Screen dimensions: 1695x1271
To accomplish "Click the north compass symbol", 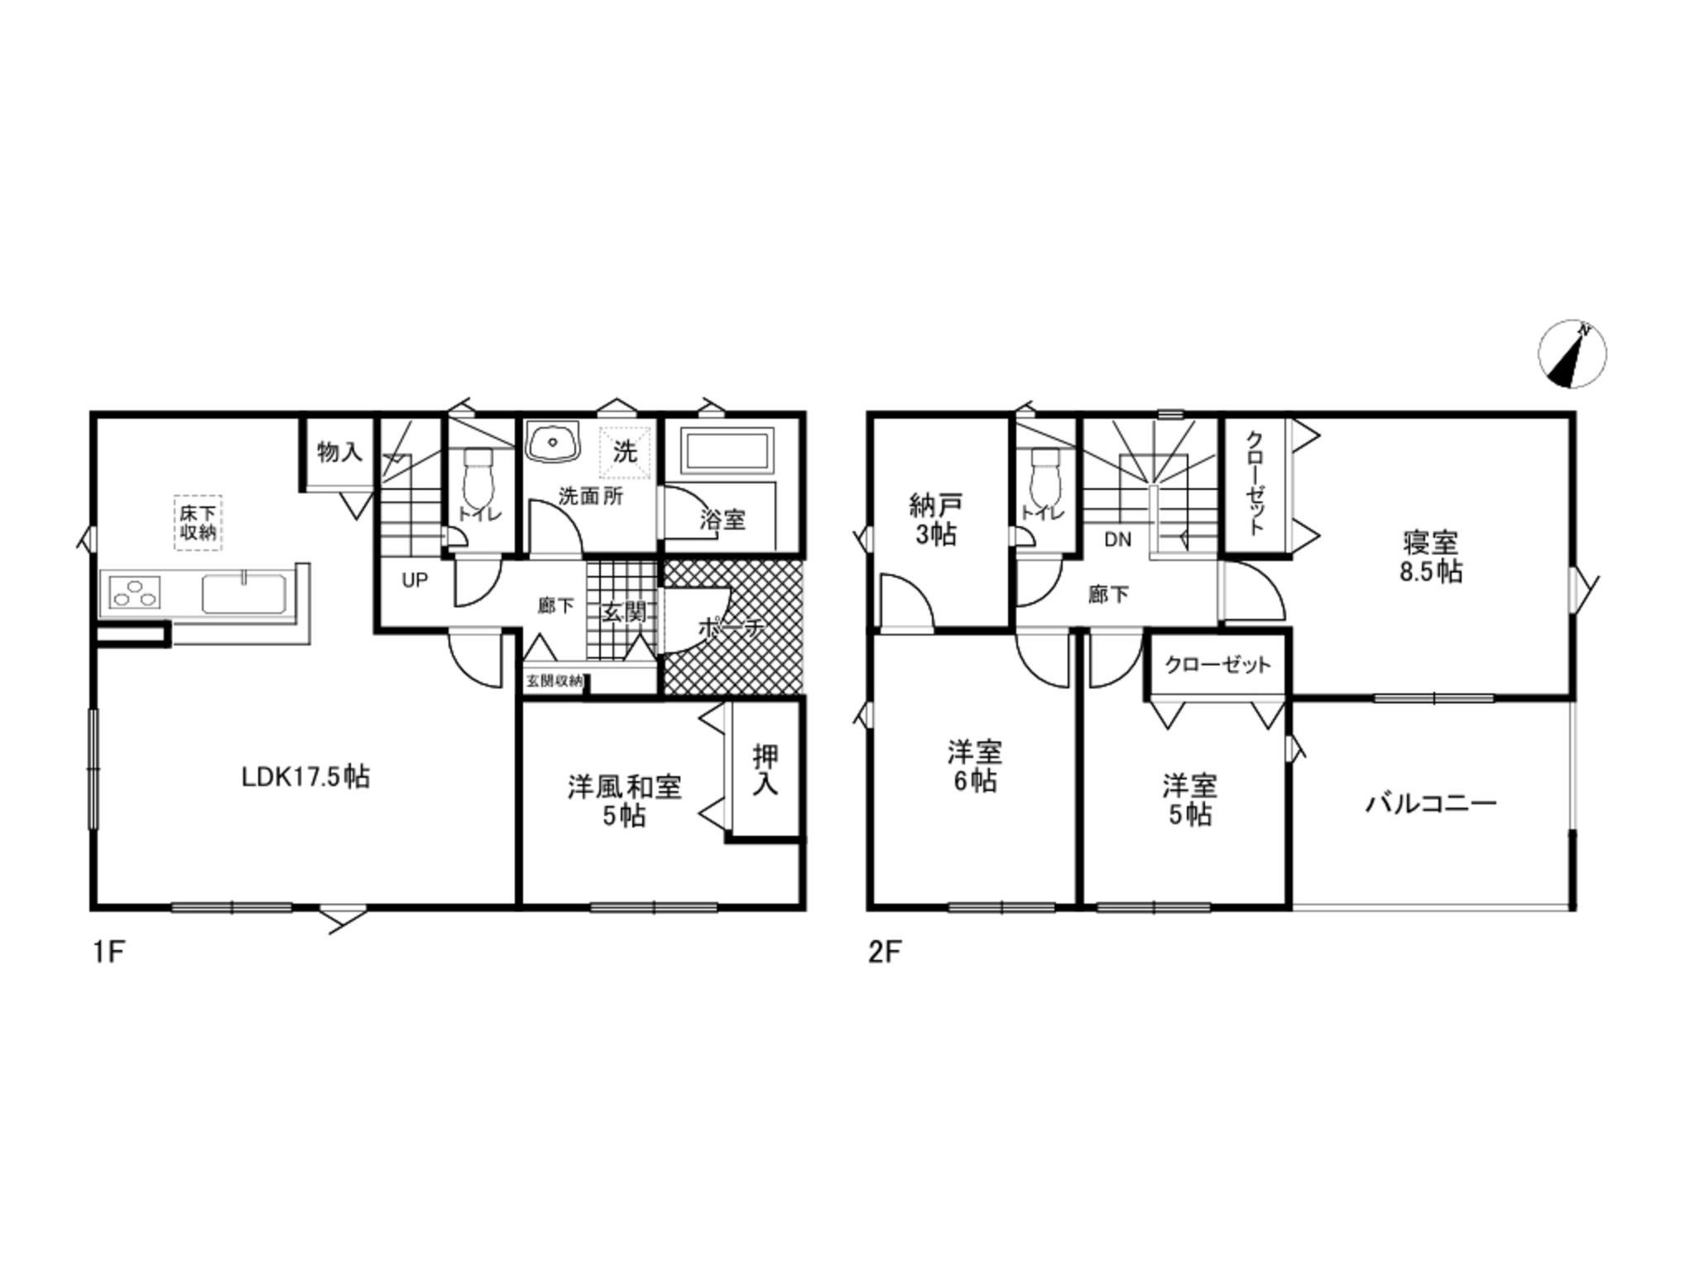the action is click(x=1572, y=353).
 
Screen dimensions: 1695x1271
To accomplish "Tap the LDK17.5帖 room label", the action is click(x=305, y=777).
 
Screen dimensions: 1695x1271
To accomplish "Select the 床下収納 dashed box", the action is click(x=198, y=522).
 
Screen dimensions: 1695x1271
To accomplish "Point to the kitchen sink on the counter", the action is click(x=244, y=592).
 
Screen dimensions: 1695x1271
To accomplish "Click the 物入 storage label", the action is click(x=339, y=452).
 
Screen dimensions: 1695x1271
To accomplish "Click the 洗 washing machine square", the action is click(x=625, y=452).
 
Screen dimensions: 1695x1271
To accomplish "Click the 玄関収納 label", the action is click(x=555, y=681).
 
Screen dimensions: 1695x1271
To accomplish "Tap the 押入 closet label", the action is click(x=766, y=770).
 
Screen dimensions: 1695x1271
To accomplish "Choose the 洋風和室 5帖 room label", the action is click(x=625, y=800).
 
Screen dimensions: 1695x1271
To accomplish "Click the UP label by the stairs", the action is click(x=415, y=580).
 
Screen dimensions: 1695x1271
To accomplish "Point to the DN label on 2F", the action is click(x=1117, y=540).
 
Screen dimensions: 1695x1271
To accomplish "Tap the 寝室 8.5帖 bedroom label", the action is click(x=1430, y=557).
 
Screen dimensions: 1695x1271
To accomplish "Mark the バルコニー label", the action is click(x=1431, y=803).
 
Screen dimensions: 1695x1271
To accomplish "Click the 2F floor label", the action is click(x=883, y=952).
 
